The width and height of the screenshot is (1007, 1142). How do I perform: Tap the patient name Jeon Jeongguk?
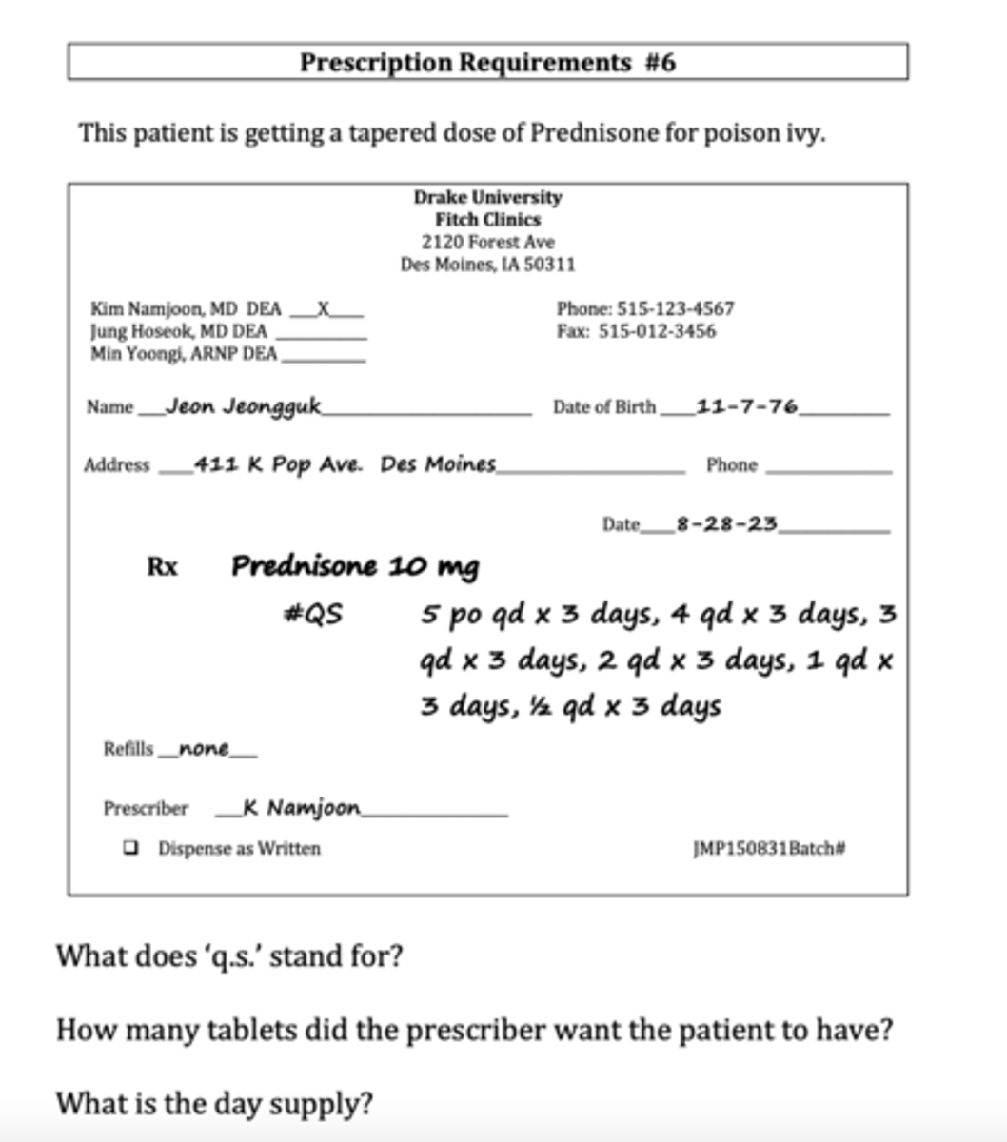click(243, 406)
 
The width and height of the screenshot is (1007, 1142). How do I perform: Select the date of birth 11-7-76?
click(747, 406)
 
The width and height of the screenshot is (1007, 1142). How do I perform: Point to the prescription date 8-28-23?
click(726, 523)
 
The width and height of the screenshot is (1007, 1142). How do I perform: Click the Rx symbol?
click(162, 567)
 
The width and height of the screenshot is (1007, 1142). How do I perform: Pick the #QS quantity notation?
click(312, 615)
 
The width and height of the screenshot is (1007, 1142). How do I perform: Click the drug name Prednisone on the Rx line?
click(305, 566)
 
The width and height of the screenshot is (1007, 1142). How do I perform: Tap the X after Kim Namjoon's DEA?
click(324, 309)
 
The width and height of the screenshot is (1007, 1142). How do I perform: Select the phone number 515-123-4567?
click(676, 309)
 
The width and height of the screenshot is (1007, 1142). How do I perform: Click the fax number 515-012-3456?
click(657, 332)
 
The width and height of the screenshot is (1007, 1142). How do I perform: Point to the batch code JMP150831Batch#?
click(769, 848)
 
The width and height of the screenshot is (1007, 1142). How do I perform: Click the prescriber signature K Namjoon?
click(302, 808)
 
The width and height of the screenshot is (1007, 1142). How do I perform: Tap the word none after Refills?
click(204, 749)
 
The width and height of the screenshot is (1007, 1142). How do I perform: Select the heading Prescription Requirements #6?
click(487, 63)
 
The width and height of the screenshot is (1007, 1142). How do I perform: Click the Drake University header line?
click(487, 197)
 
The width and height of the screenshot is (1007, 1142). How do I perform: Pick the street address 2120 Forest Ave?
click(487, 242)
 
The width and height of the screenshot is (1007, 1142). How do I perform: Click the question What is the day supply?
click(214, 1104)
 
